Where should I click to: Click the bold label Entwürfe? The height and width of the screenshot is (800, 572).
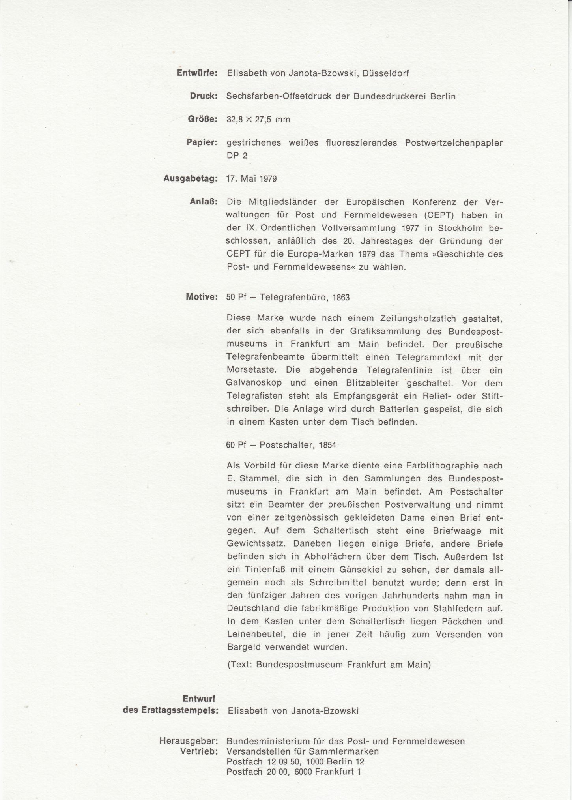(197, 73)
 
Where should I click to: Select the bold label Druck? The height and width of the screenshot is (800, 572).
(204, 96)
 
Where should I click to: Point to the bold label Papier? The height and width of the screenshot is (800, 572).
(202, 142)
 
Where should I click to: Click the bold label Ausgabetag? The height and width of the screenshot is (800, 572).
(191, 178)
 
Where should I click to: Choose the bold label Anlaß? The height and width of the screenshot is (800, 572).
(204, 202)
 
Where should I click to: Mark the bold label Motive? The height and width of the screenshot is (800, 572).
(202, 297)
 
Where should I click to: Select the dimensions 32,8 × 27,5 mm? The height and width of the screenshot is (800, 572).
(258, 120)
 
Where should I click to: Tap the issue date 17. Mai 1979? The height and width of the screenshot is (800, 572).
(251, 179)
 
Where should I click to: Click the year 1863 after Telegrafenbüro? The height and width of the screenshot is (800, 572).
(341, 297)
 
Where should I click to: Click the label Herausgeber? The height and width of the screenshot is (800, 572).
(189, 741)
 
